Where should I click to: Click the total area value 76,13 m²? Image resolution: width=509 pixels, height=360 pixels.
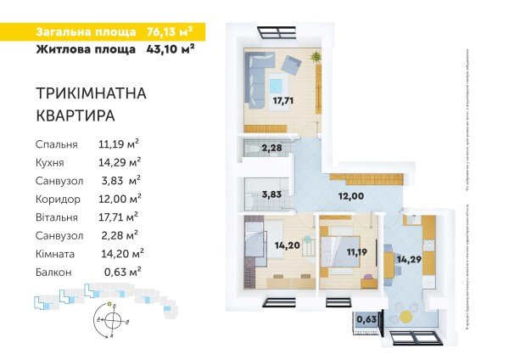pos(170,32)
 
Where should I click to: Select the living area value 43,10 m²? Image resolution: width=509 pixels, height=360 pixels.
pos(170,49)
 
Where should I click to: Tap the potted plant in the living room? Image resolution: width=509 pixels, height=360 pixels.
pos(316,57)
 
